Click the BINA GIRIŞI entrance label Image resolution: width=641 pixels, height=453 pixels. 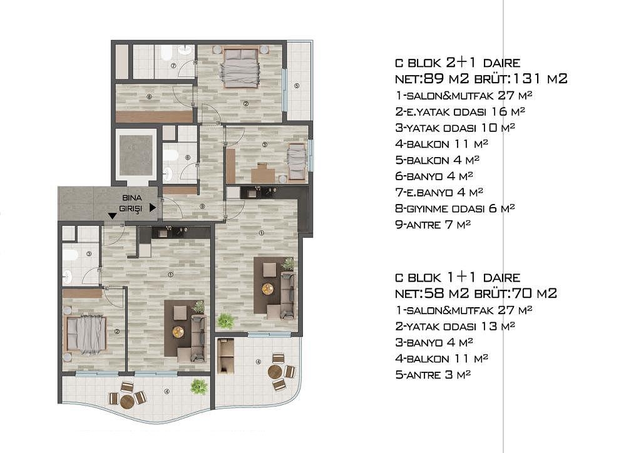point(132,203)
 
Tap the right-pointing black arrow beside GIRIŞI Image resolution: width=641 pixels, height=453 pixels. point(153,208)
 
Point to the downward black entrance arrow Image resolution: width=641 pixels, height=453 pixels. point(112,216)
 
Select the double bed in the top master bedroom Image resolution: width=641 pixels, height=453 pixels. point(240,67)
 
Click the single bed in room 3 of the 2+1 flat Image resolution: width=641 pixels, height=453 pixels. point(297,162)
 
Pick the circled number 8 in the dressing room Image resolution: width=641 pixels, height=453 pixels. point(149,97)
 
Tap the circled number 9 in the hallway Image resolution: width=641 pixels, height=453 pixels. point(202,206)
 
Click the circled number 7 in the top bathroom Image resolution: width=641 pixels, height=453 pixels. point(173,65)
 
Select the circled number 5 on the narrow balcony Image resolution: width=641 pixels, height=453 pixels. point(297,85)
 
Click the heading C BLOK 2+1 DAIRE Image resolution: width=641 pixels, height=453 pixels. point(458,63)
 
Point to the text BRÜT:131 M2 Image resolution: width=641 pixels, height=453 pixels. point(521,78)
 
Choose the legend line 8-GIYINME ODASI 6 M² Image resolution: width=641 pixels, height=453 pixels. point(454,208)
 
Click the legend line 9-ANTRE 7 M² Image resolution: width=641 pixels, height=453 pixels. point(433,224)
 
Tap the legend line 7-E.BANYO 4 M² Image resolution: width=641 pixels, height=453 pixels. point(439,192)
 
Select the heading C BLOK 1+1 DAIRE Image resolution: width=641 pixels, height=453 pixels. point(458,277)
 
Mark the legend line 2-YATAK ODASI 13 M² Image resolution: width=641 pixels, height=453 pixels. point(454,326)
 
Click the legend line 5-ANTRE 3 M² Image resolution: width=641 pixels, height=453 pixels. point(433,375)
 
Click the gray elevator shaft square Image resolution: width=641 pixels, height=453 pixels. point(135,155)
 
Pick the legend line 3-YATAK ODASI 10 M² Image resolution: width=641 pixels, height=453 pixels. point(454,128)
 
